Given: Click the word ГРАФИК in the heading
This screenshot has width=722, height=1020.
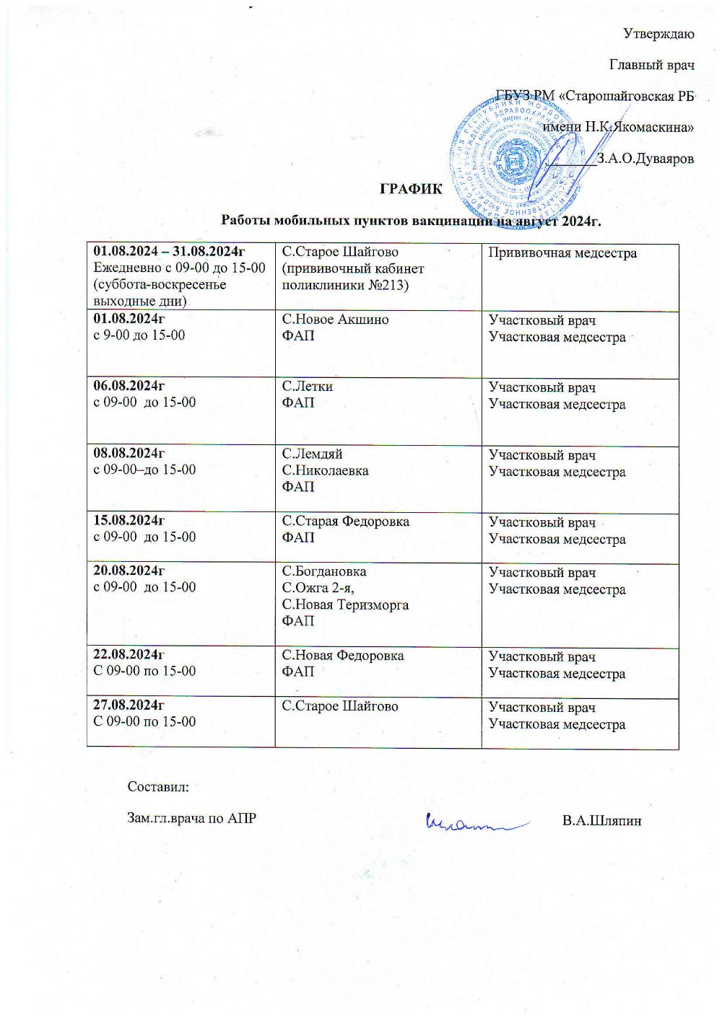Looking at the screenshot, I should [411, 190].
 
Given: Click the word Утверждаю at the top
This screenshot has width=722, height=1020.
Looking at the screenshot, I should [658, 33].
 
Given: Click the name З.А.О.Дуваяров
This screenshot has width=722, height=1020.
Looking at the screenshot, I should [645, 159].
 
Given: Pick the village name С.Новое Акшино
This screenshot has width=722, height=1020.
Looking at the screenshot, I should [335, 320].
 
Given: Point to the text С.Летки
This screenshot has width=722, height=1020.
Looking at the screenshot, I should [307, 387].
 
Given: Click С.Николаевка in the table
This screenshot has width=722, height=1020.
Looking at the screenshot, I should [325, 471].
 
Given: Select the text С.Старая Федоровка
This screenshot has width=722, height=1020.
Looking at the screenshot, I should [345, 522].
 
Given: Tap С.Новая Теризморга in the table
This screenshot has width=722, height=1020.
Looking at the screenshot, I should [345, 604].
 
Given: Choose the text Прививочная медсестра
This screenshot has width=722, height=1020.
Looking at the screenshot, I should [562, 253].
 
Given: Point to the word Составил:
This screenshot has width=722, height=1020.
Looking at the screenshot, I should [158, 786].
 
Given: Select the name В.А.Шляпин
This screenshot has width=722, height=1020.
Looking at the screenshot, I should [601, 821].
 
